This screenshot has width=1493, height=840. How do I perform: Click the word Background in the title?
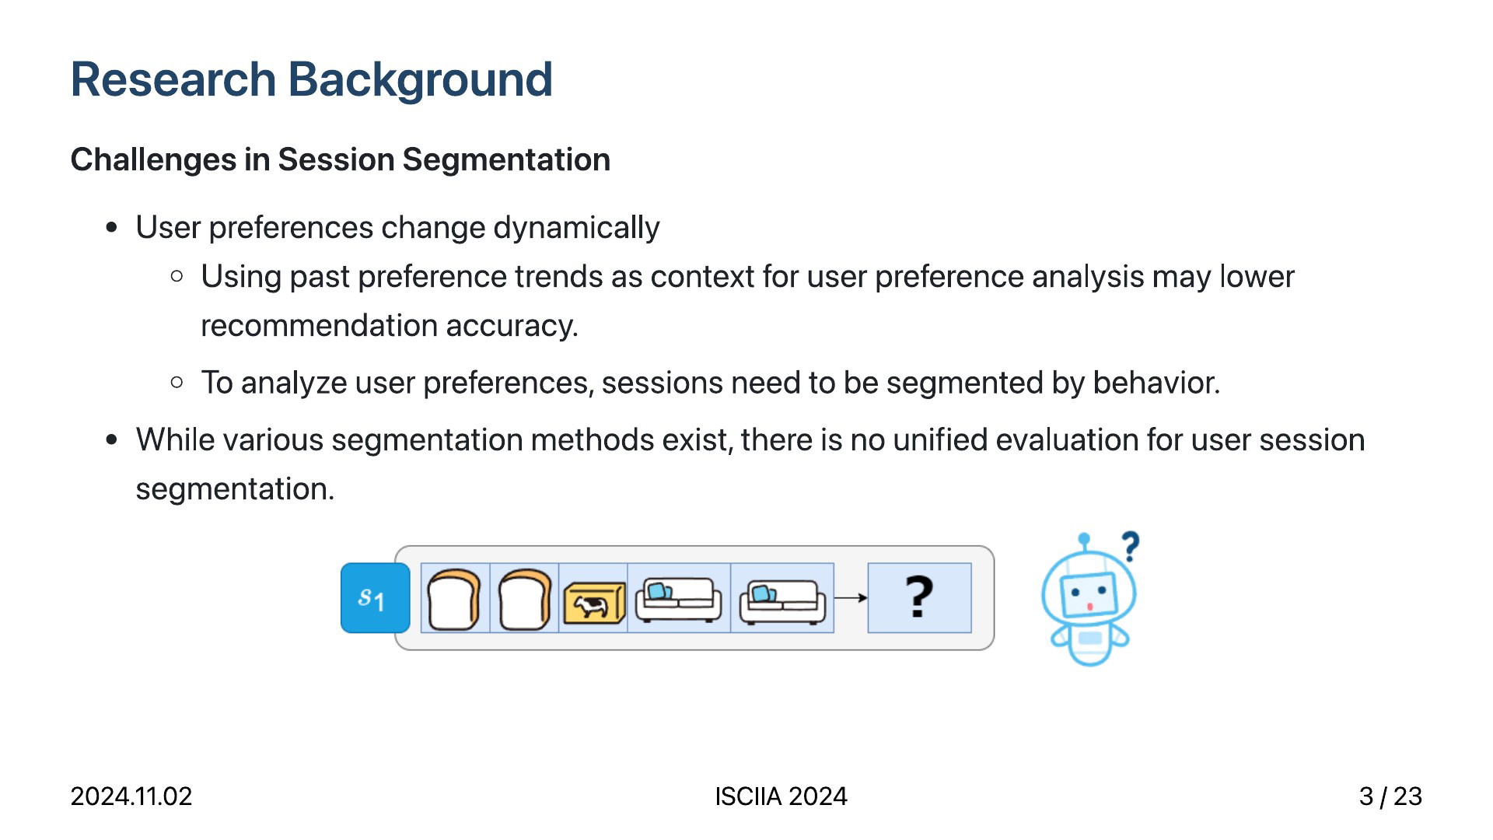420,80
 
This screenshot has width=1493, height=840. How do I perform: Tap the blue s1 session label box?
375,598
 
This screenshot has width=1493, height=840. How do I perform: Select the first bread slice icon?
454,598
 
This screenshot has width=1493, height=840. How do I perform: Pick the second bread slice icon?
524,598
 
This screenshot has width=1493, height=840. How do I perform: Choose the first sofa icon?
678,600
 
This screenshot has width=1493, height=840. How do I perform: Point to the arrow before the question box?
851,598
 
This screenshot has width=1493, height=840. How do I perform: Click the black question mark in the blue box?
919,597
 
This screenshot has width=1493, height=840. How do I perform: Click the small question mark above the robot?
1131,546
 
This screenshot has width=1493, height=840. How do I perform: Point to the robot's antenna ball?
1084,538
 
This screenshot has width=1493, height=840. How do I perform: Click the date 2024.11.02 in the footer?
131,796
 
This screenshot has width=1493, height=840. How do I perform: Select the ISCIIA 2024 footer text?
781,796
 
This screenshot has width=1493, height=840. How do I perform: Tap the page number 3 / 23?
1390,796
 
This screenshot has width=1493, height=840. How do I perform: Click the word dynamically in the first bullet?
576,228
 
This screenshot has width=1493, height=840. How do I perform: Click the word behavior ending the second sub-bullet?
1156,383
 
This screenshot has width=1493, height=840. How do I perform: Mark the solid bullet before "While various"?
112,440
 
